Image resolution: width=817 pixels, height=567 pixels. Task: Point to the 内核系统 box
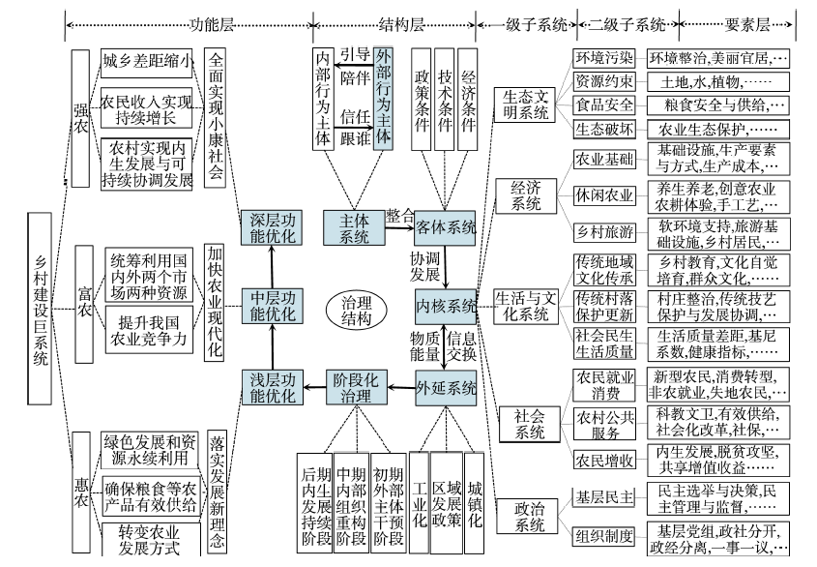point(446,307)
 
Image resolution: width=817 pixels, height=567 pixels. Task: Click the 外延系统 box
point(446,389)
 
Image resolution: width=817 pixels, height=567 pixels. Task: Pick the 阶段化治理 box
point(354,389)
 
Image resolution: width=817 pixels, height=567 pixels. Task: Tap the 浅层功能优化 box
point(272,389)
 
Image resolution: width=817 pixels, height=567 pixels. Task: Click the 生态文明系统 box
point(526,104)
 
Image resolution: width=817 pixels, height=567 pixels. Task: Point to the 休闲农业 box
point(604,196)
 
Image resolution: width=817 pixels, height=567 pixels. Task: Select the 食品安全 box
point(604,104)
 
